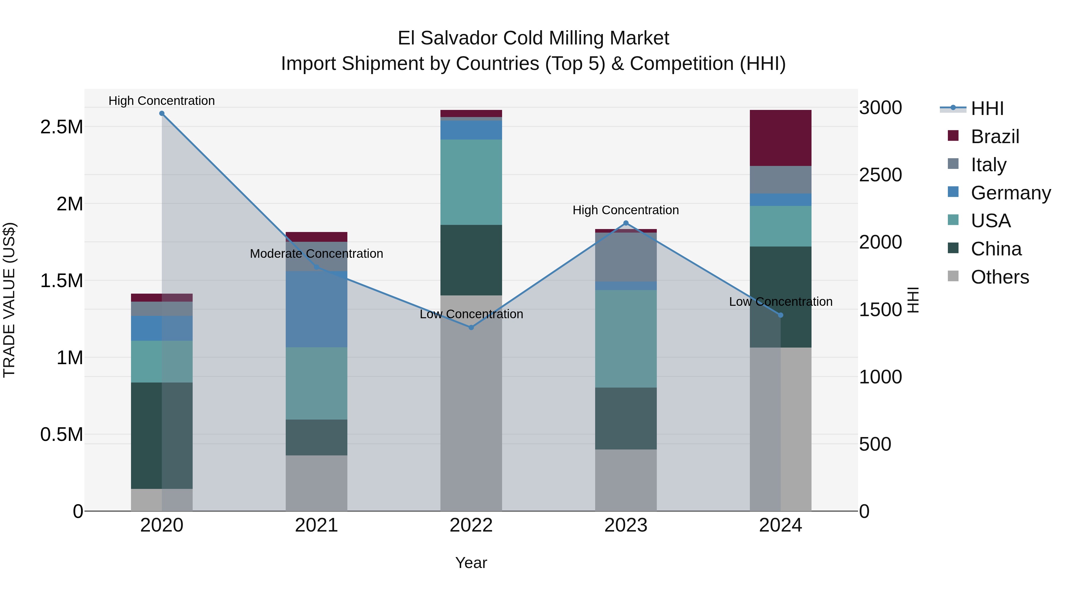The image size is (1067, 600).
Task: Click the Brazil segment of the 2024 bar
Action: click(x=780, y=138)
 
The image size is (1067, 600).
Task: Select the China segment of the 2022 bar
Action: click(x=471, y=260)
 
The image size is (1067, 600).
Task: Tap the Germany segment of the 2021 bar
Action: click(x=317, y=309)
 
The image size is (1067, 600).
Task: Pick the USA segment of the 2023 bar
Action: click(x=625, y=339)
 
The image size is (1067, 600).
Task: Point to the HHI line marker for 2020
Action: click(x=162, y=113)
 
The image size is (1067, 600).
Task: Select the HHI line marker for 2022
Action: click(x=471, y=327)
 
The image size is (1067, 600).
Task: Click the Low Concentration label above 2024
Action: click(x=780, y=302)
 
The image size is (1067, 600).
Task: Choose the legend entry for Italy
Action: click(x=988, y=164)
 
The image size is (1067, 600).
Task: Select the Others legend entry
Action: click(x=999, y=277)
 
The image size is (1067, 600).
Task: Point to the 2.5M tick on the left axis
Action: click(x=62, y=127)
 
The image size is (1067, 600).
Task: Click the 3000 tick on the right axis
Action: click(x=880, y=108)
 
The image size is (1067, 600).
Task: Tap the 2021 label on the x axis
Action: click(x=317, y=525)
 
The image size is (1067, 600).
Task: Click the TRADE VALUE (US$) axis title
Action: click(x=9, y=300)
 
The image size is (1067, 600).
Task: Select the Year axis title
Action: click(x=471, y=563)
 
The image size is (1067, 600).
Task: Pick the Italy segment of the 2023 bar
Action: click(x=625, y=257)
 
